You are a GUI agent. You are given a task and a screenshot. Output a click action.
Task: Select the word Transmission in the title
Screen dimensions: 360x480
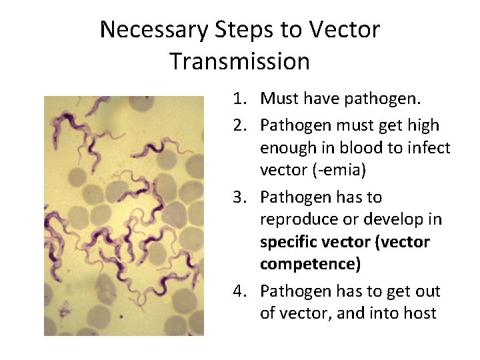tap(239, 61)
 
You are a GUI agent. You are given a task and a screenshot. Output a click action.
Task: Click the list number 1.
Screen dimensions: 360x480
tap(239, 99)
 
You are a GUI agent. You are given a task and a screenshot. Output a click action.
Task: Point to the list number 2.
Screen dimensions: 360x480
tap(239, 125)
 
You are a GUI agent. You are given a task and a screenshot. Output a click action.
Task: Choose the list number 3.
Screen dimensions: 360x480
tap(239, 197)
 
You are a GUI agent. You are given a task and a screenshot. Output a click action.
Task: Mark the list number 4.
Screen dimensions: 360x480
tap(239, 291)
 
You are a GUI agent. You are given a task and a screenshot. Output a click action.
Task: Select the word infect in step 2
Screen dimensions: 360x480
tap(431, 147)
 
